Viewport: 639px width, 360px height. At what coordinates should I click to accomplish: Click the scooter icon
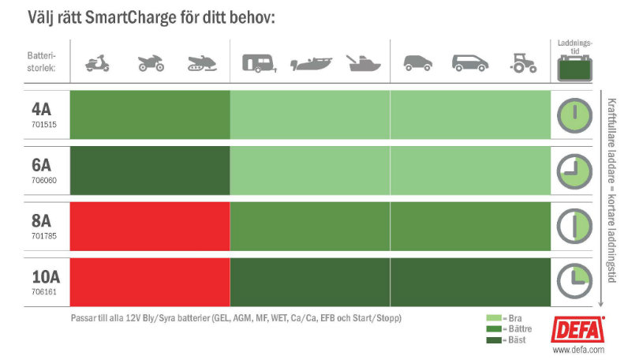pos(96,64)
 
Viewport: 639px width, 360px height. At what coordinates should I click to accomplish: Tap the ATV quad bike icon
pos(149,64)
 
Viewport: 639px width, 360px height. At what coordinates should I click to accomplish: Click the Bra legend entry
pos(510,317)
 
